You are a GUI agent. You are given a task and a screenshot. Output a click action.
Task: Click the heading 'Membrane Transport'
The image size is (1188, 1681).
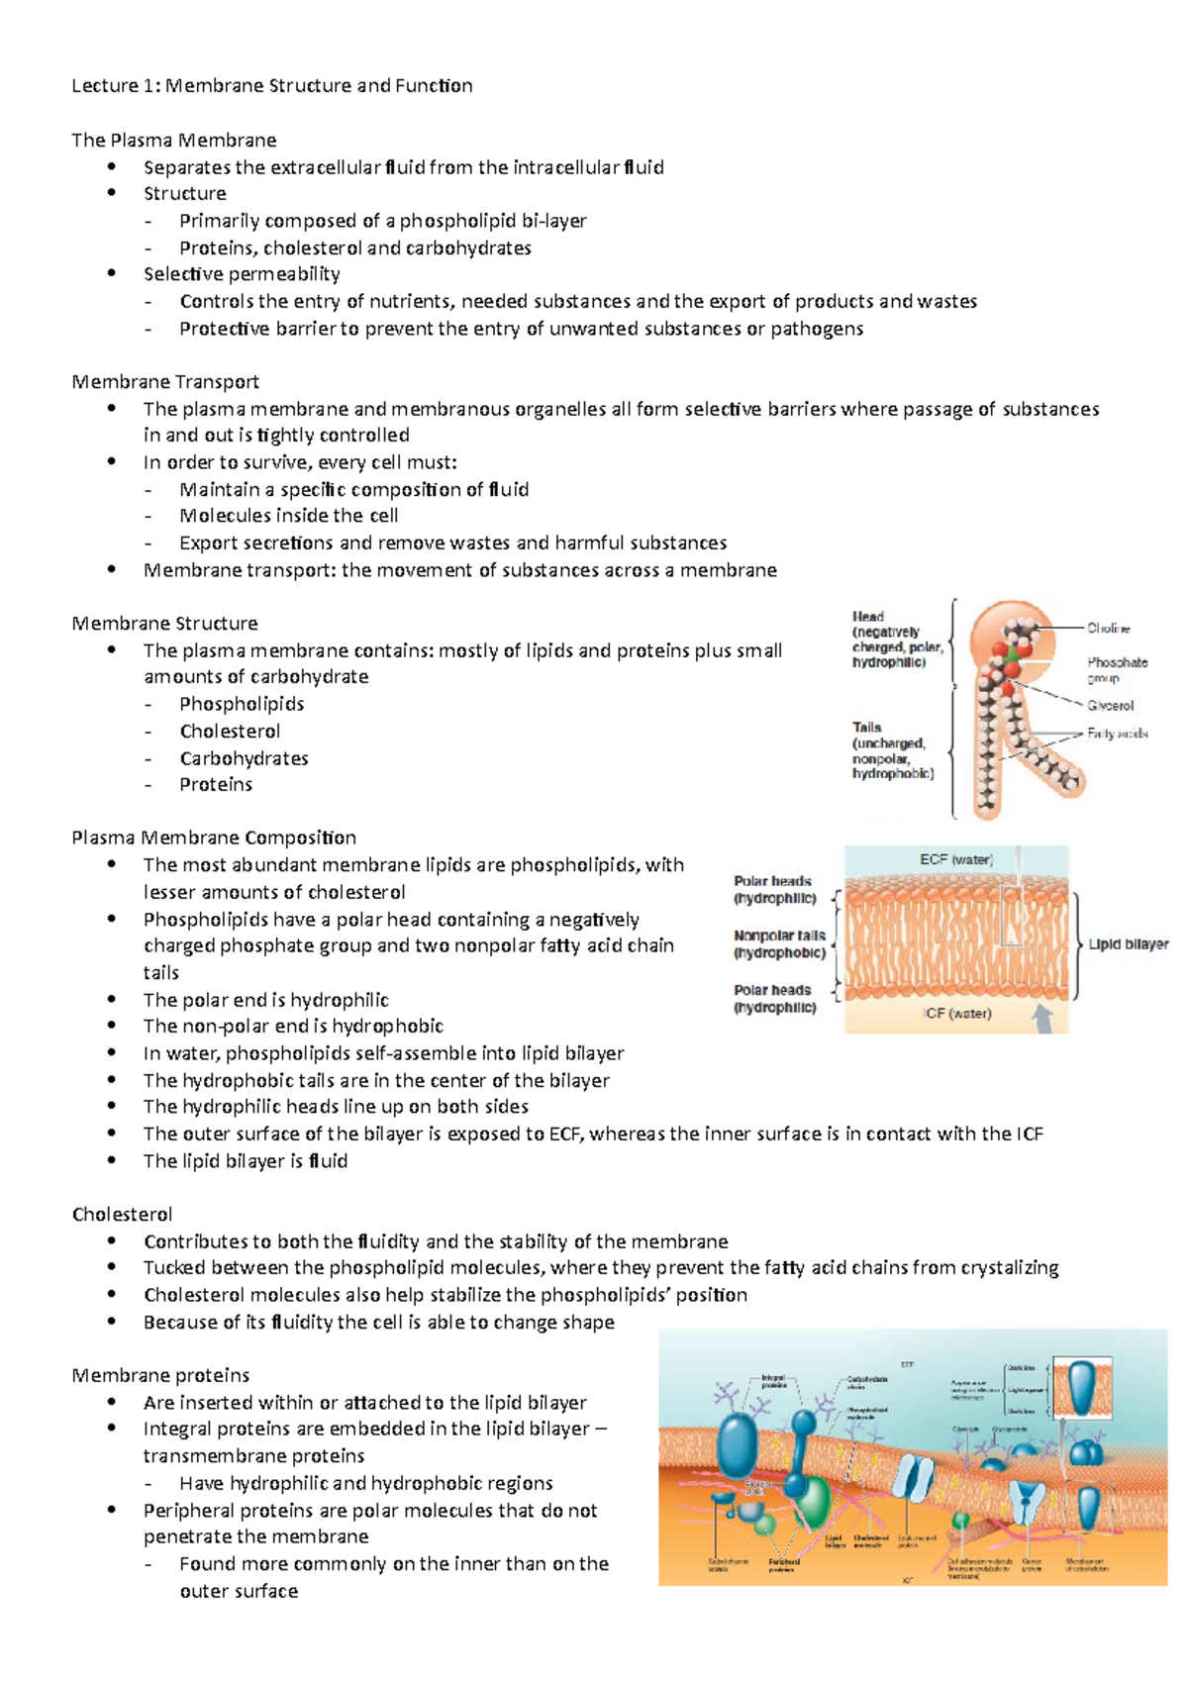coord(165,381)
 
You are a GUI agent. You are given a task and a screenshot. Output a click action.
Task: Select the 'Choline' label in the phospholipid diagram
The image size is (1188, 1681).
coord(1108,628)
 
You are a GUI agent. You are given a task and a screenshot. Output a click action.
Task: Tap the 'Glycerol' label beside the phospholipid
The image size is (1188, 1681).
coord(1110,706)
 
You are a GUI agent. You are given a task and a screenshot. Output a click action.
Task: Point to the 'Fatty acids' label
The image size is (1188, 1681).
coord(1117,734)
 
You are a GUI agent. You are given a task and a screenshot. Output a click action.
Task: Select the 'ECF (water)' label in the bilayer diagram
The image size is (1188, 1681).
coord(955,859)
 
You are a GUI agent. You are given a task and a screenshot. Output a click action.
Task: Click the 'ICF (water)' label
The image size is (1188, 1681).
coord(956,1013)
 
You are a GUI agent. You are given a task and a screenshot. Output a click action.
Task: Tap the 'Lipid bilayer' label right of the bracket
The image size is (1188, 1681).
coord(1129,944)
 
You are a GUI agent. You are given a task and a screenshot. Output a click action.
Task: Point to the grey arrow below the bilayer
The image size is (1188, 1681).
coord(1042,1018)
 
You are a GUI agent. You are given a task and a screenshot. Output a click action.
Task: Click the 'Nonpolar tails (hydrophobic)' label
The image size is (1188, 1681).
coord(779,943)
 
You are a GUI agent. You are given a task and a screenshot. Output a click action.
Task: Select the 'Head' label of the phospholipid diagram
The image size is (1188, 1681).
coord(868,617)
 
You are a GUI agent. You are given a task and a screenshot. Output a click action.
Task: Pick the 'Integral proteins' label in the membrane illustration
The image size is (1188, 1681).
coord(773,1381)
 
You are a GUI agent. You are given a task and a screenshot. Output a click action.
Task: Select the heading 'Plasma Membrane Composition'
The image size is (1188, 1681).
coord(214,838)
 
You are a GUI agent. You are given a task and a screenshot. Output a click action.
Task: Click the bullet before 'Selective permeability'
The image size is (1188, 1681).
coord(113,273)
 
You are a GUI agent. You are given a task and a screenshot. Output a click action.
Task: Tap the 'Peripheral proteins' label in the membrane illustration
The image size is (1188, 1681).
coord(783,1565)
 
